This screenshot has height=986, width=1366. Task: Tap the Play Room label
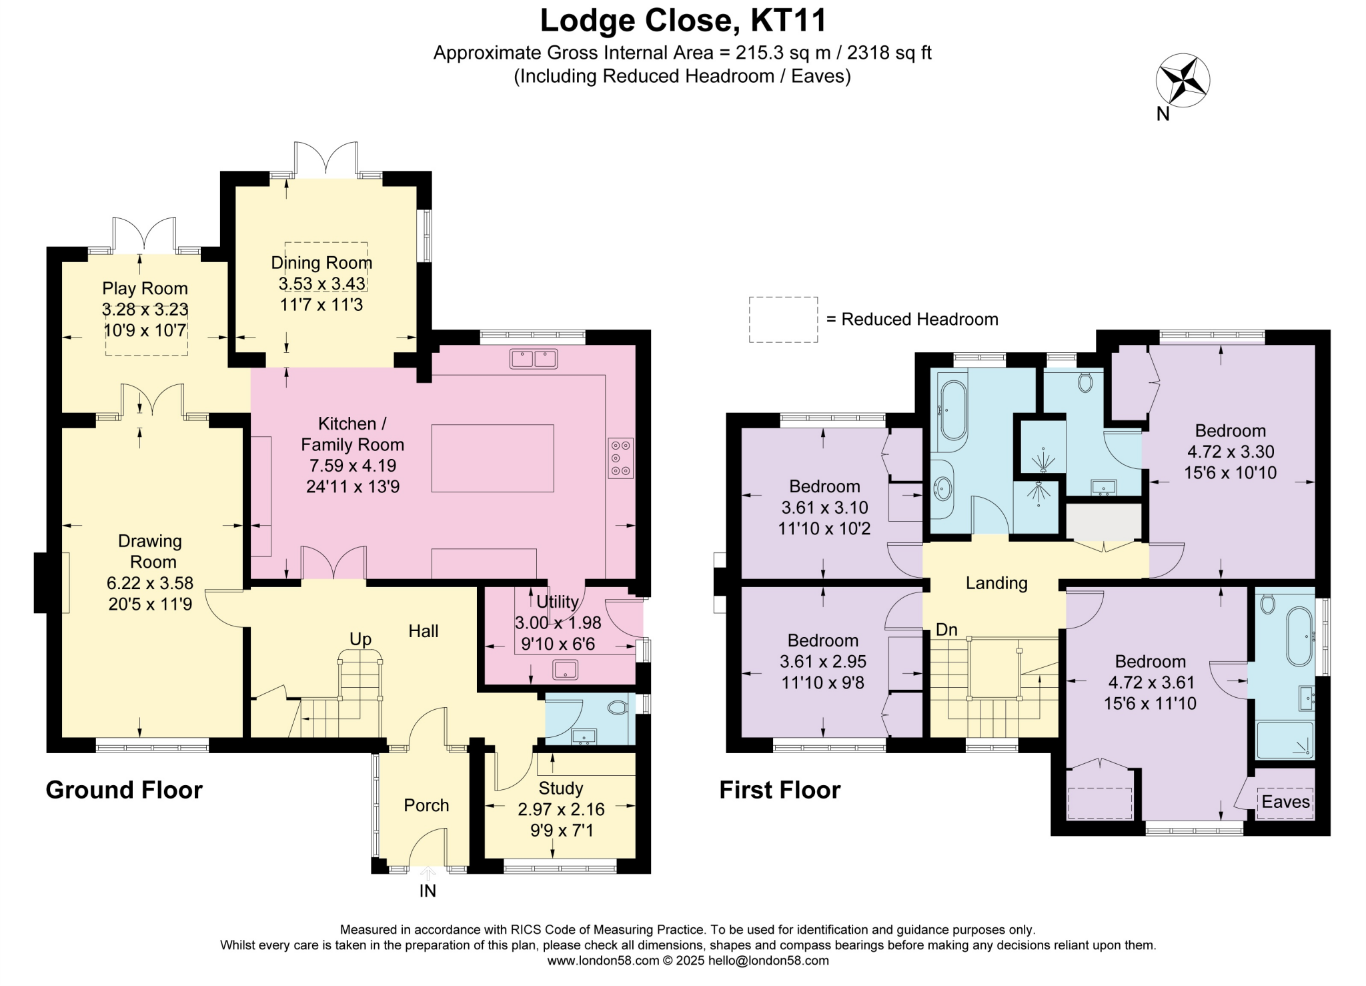click(x=145, y=289)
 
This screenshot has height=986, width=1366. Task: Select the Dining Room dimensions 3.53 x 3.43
click(x=321, y=284)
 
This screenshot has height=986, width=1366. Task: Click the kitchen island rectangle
click(x=492, y=458)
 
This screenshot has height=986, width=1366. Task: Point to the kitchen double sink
click(x=534, y=359)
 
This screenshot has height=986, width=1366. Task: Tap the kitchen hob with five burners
click(x=621, y=458)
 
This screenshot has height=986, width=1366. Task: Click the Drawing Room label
click(x=150, y=551)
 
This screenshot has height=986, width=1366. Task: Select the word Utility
click(x=558, y=602)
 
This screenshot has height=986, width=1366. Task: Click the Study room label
click(x=561, y=789)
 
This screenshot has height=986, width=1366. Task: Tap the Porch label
click(x=426, y=806)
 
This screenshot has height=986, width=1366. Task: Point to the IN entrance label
click(x=428, y=891)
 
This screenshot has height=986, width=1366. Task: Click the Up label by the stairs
click(x=360, y=640)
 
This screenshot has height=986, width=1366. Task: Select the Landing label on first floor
click(x=996, y=584)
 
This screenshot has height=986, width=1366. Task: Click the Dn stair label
click(x=946, y=630)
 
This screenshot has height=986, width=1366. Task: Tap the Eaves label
click(x=1286, y=802)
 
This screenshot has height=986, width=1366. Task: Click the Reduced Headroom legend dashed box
click(x=783, y=320)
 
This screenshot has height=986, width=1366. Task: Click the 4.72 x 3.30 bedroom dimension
click(x=1231, y=452)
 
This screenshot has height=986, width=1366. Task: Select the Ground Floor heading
click(x=124, y=790)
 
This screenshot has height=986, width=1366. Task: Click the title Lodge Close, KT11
click(x=683, y=20)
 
